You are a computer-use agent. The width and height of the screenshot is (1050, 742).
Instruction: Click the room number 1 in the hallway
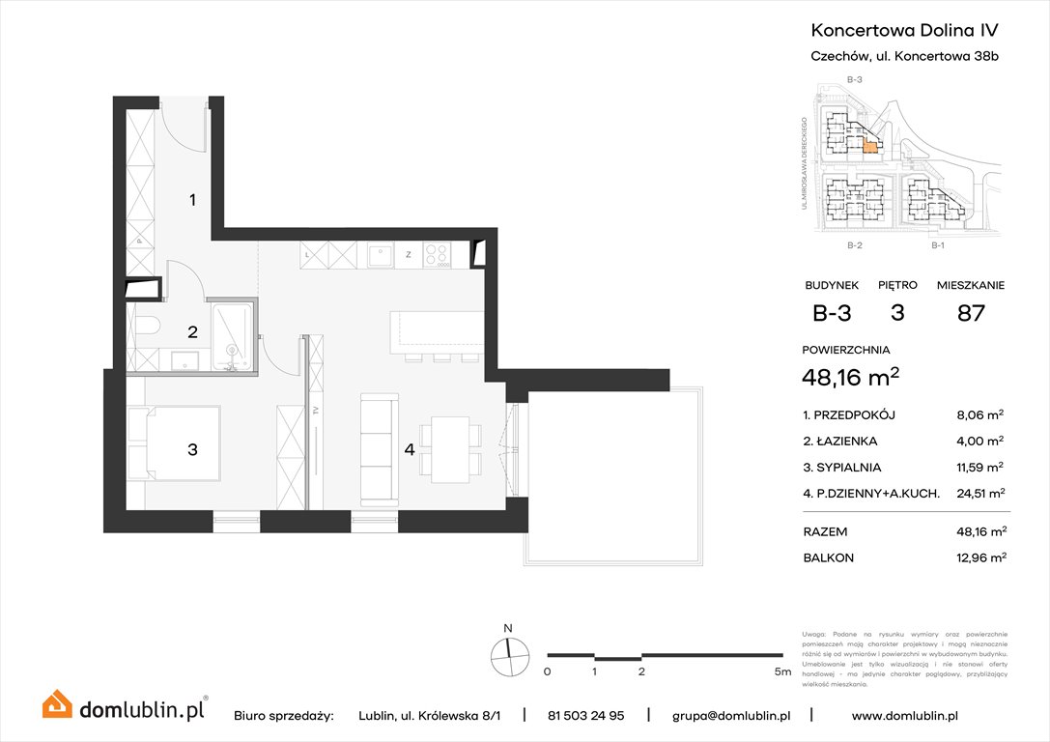(193, 200)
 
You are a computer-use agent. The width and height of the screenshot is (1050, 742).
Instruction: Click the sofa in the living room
(380, 449)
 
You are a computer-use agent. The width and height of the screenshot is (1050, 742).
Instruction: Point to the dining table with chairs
(451, 449)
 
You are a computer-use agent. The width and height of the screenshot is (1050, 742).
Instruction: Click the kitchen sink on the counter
(378, 255)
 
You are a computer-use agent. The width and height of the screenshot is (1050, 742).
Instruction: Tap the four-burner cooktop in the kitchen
(438, 255)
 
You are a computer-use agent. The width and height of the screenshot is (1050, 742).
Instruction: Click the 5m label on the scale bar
(783, 671)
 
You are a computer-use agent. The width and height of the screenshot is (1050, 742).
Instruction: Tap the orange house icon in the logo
(57, 704)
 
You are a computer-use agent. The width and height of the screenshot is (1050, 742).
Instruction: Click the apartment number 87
(970, 313)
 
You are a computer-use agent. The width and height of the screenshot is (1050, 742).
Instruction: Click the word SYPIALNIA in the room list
(850, 467)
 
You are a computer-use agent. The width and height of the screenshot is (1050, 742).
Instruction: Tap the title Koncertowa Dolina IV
(903, 31)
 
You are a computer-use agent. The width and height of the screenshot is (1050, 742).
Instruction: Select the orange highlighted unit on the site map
(870, 147)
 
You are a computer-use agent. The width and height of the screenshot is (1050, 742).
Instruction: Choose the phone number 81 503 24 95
(585, 716)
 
